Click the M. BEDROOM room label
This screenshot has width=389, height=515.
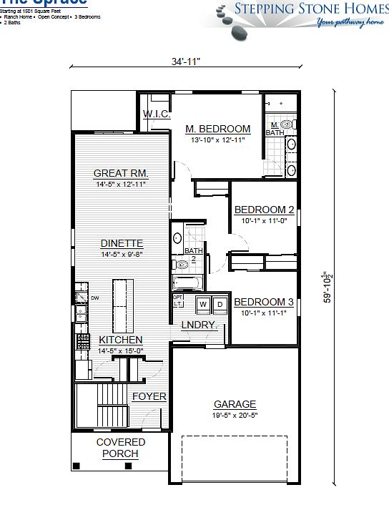tap(218, 129)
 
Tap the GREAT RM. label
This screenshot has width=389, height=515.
tap(121, 174)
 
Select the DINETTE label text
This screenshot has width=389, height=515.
tap(122, 242)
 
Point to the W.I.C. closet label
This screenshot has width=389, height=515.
tap(155, 114)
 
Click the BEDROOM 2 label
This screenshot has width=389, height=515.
tap(265, 210)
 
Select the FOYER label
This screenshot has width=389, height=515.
tap(149, 396)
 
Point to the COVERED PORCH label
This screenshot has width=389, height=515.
tap(121, 448)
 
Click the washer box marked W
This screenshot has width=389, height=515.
tap(202, 304)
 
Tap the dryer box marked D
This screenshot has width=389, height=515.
tap(220, 304)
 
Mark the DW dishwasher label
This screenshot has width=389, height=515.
tap(94, 298)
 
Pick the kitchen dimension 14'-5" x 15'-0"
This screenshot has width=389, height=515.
tap(120, 350)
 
